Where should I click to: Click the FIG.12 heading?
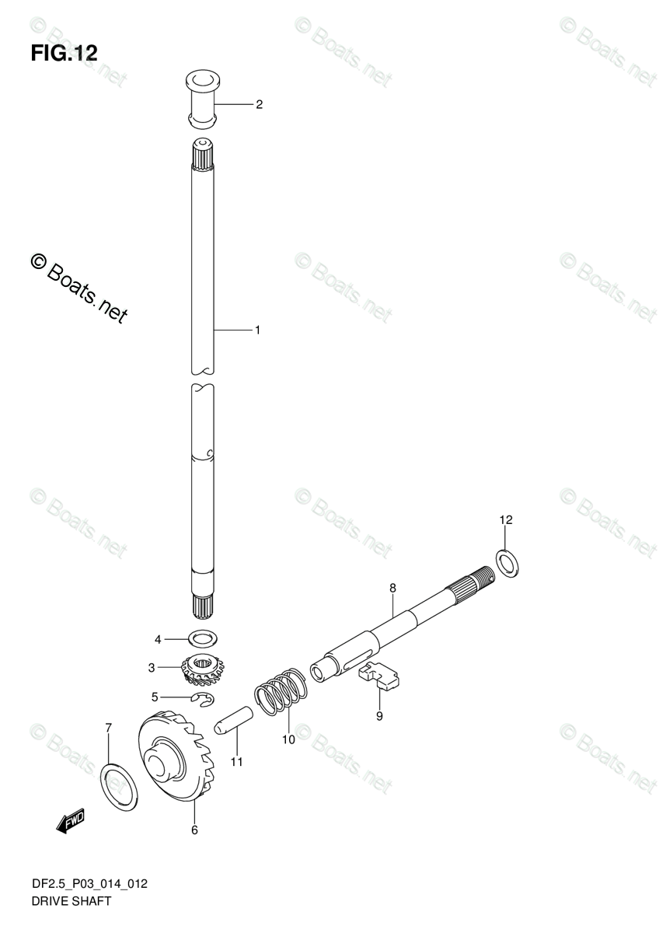tap(65, 53)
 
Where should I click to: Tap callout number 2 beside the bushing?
tap(259, 104)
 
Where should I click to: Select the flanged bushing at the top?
tap(202, 99)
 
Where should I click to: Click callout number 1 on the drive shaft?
tap(257, 330)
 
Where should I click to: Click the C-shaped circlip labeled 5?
tap(204, 701)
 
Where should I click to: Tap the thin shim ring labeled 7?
tap(120, 782)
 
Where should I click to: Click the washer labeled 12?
tap(508, 561)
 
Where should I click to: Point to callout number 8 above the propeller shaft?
tap(393, 588)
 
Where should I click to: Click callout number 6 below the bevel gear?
tap(194, 830)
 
